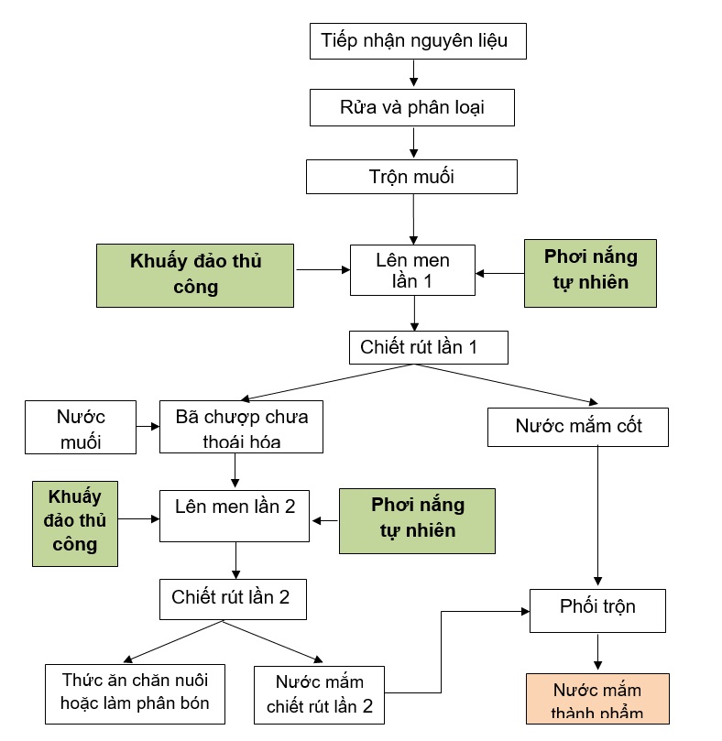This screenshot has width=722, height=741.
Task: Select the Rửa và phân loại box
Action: tap(412, 107)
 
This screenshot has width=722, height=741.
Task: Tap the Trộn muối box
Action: tap(411, 177)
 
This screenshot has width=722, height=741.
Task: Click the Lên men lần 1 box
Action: tap(412, 269)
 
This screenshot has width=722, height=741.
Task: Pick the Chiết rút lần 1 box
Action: tap(428, 347)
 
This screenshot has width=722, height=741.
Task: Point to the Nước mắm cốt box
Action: tap(577, 426)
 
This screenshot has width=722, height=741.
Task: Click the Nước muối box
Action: tap(80, 428)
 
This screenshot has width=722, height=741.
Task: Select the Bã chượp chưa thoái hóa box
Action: tap(242, 428)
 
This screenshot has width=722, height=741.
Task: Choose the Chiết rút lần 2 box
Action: tap(231, 598)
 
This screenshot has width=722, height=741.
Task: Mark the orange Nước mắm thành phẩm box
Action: tap(597, 700)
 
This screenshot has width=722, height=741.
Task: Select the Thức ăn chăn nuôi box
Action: tap(136, 692)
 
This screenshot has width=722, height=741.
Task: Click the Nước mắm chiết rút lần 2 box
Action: tap(320, 694)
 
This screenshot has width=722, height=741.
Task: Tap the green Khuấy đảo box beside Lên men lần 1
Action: tap(195, 274)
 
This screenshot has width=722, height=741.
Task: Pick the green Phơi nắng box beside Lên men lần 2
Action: tap(417, 520)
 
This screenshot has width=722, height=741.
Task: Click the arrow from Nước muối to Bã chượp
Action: tap(147, 427)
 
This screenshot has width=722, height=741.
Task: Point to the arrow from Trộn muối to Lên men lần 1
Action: tap(414, 219)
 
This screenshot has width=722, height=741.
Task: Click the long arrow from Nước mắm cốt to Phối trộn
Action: tap(598, 513)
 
